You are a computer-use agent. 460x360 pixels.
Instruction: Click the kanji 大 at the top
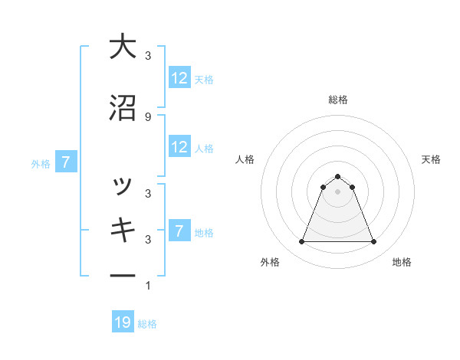coord(122,47)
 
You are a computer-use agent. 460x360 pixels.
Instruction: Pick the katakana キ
coord(122,230)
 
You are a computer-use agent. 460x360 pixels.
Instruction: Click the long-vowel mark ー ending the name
coord(122,275)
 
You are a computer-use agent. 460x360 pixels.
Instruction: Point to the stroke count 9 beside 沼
coord(147,116)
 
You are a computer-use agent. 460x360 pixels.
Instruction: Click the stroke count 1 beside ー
coord(147,286)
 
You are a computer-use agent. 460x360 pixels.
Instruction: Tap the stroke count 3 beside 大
coord(147,56)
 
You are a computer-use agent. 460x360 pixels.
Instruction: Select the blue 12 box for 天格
coord(179,78)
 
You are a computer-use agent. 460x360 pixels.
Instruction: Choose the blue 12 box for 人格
coord(179,148)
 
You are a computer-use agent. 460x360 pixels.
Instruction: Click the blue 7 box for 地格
coord(179,231)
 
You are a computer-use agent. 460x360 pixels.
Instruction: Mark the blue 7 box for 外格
coord(66,162)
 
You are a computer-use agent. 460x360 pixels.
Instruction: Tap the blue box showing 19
coord(123,322)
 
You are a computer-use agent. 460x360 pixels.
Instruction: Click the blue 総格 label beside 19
coord(147,324)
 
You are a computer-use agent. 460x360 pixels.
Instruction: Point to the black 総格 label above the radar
coord(337,100)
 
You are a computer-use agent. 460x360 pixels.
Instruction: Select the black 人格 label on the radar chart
coord(245,159)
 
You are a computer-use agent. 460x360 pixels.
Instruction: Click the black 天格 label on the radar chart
coord(431,159)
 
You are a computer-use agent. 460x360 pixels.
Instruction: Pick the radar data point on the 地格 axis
coord(373,242)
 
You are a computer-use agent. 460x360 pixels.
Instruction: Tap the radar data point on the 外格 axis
coord(301,242)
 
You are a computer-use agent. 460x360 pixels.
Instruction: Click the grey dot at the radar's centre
coord(337,191)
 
